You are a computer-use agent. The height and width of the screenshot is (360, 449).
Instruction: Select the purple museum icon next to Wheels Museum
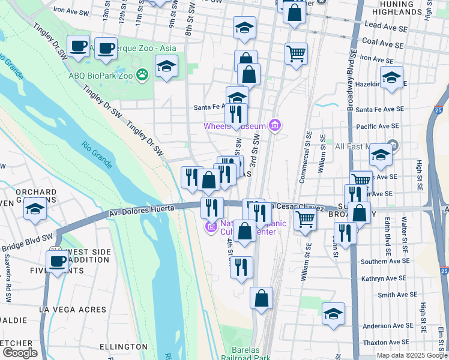[x=275, y=125]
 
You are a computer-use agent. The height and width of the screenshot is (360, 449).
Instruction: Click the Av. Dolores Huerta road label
[x=142, y=211]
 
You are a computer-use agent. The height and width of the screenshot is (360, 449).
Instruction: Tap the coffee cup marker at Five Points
[x=58, y=261]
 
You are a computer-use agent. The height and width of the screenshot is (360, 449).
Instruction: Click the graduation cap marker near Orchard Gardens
[x=35, y=209]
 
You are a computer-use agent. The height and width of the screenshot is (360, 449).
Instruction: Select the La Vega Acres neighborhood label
[x=72, y=310]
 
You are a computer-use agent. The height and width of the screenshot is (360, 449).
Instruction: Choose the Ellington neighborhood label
[x=123, y=347]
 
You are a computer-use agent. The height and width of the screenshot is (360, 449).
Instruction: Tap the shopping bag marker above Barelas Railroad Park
[x=261, y=298]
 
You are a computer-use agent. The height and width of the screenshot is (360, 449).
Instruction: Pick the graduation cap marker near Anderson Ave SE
[x=334, y=314]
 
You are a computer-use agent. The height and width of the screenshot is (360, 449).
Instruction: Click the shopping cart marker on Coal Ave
[x=297, y=53]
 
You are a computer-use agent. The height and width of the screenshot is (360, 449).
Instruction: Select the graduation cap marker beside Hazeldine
[x=391, y=77]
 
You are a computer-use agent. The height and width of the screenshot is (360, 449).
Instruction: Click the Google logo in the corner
[x=20, y=353]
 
